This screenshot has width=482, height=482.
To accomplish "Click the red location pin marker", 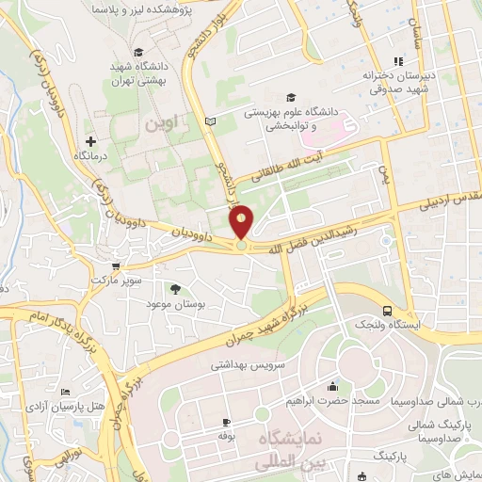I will coord(242,222).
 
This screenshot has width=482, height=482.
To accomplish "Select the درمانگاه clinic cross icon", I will coord(90,140).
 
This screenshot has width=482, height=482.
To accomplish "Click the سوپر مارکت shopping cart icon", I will coord(116,266).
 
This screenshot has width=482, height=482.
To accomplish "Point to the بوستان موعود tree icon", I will coord(176,289).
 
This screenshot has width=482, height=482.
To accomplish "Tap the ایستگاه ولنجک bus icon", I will coord(388,310).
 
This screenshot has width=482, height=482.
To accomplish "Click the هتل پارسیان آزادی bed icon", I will coord(65,392).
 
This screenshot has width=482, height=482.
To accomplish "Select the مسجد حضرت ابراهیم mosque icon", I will coord(331,386).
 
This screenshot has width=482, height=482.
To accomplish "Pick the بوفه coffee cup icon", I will coord(226,421).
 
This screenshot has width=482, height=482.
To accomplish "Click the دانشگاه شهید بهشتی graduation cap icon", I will coord(138,52).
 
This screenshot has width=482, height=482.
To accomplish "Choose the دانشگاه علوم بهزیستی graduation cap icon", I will coord(291,97).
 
